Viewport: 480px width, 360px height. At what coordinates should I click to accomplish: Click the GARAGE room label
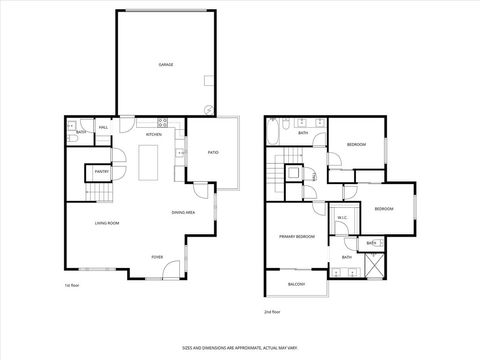166,64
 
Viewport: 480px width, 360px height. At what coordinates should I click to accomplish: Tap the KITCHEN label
154,134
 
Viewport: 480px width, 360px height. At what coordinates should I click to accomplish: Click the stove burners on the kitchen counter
180,152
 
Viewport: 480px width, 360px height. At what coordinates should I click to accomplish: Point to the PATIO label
212,152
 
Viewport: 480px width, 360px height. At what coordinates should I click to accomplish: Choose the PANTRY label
101,172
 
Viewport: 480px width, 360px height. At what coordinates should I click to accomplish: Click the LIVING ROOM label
107,222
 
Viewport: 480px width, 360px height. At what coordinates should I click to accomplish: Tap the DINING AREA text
183,212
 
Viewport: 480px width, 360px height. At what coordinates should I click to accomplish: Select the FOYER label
157,257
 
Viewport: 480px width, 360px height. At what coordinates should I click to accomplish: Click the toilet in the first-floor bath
72,127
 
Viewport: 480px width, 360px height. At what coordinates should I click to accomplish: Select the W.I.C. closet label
341,217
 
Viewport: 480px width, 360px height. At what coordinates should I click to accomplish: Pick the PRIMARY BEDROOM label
297,236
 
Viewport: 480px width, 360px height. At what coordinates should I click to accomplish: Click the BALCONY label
296,284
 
